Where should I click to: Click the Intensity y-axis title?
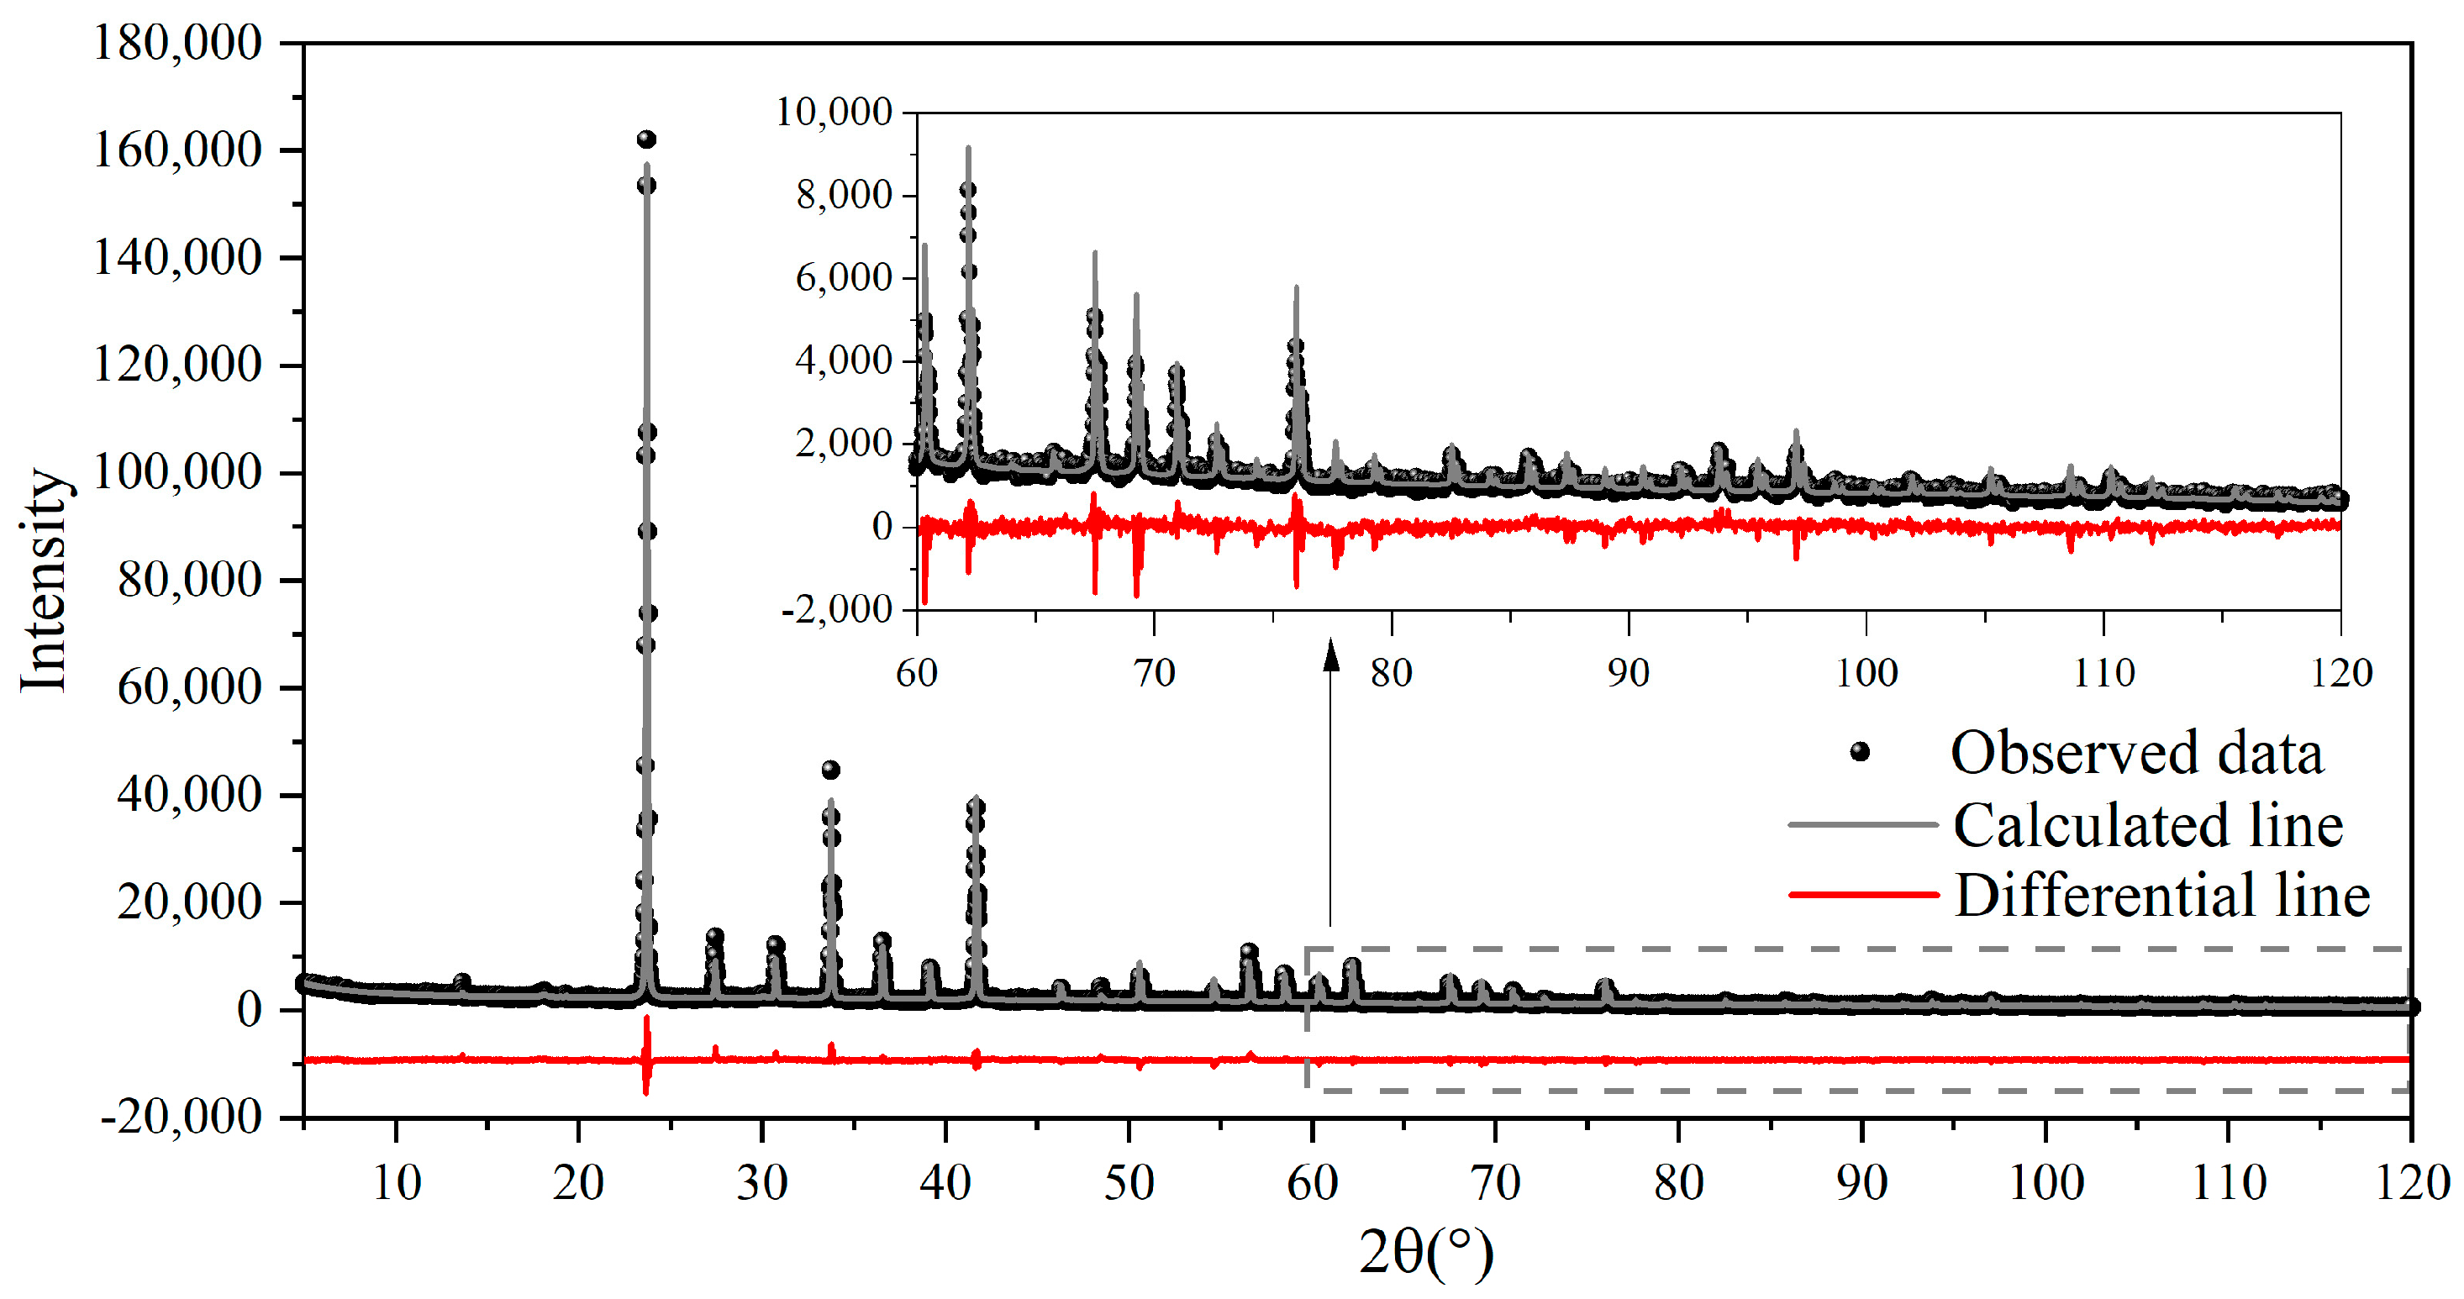pos(44,580)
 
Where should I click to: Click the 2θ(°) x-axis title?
pos(1425,1251)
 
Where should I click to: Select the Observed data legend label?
pos(2137,753)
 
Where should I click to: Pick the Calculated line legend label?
pos(2148,824)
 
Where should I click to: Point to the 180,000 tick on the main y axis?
pos(177,43)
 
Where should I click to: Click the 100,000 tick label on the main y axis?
pos(177,472)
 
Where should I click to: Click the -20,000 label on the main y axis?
pos(182,1117)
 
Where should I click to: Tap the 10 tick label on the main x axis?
pos(396,1183)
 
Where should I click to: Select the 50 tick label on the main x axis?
pos(1129,1183)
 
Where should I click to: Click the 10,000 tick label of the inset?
pos(833,112)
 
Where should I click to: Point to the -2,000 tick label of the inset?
pos(837,608)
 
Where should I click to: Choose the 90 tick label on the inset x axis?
pos(1628,673)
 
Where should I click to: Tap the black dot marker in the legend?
pos(1860,752)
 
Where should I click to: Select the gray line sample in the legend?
pos(1863,824)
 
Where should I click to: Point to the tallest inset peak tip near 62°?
pos(968,147)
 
